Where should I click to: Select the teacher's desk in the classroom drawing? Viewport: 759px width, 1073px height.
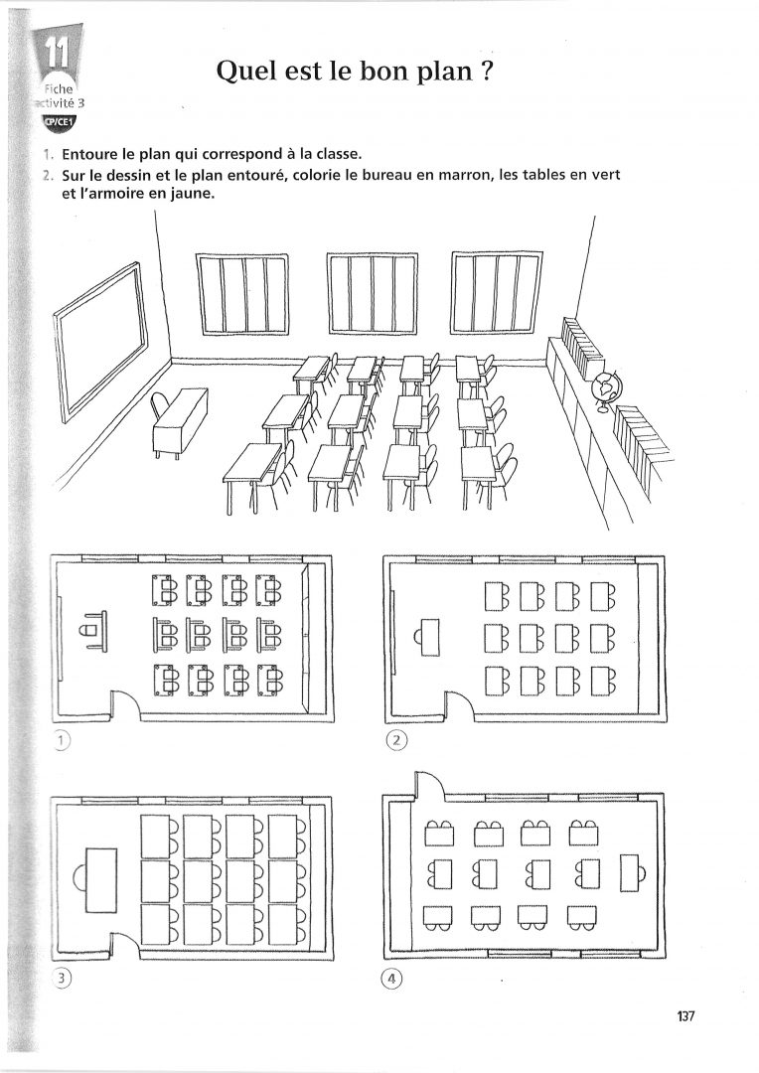(180, 422)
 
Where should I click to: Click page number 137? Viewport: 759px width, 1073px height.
(684, 1016)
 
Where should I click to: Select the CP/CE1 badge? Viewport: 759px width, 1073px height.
(59, 122)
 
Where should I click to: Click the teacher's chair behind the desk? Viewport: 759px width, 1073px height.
(160, 407)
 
